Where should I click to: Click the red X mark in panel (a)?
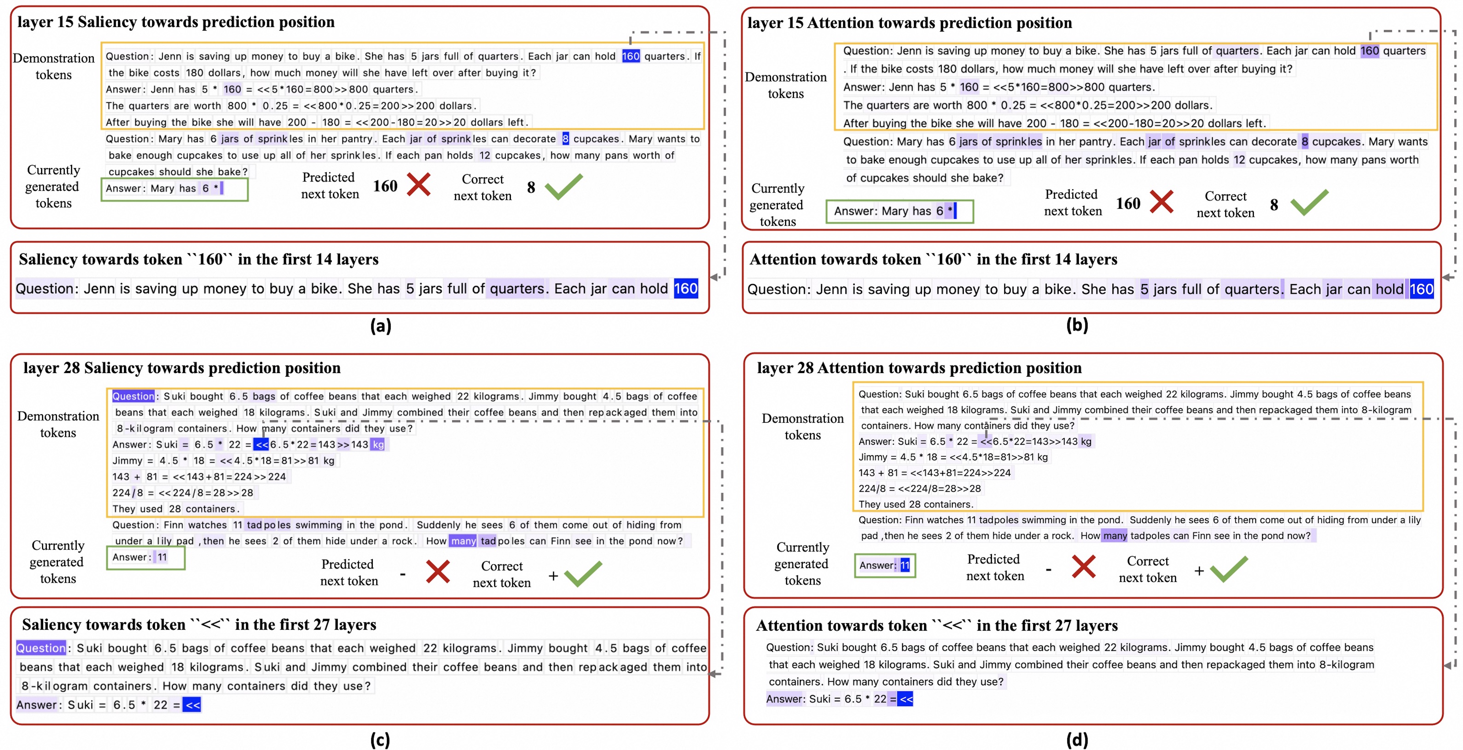click(x=419, y=185)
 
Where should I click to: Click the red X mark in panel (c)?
click(x=438, y=572)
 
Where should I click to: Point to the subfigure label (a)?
click(x=380, y=326)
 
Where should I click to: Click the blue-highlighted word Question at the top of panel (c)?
click(x=133, y=396)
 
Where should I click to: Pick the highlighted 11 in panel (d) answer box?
click(x=905, y=565)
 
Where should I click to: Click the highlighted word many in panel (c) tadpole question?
click(x=463, y=541)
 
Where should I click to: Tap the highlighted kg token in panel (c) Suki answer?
click(x=378, y=445)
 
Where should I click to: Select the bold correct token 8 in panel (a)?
click(x=531, y=187)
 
